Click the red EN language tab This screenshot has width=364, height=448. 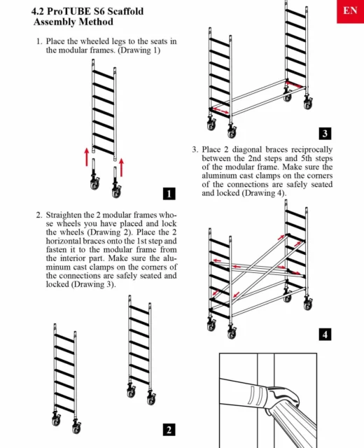[x=350, y=11]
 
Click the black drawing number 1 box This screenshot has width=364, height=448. [x=169, y=194]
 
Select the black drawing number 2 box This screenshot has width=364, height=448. [x=169, y=430]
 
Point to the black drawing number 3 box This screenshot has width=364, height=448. [x=325, y=134]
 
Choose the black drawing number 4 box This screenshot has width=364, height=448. [x=325, y=335]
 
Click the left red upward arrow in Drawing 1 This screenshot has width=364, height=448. [x=87, y=157]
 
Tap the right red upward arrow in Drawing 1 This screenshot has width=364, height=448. [x=121, y=168]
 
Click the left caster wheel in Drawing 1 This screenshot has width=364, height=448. [x=94, y=183]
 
